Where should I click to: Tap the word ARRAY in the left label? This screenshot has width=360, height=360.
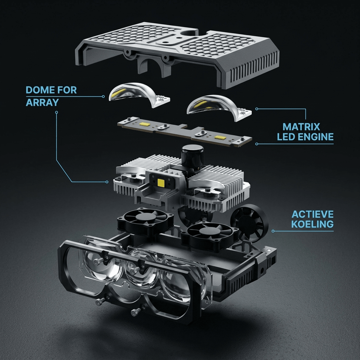tap(42, 102)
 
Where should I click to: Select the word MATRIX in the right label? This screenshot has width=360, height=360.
tap(301, 127)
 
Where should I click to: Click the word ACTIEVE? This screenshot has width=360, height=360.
tap(313, 214)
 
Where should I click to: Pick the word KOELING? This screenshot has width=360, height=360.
tap(313, 224)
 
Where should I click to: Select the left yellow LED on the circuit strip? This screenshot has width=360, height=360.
tap(144, 124)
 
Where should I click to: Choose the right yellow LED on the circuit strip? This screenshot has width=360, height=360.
tap(220, 137)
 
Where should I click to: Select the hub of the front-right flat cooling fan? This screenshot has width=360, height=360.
tap(208, 231)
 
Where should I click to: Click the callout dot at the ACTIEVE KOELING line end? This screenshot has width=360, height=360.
tap(273, 231)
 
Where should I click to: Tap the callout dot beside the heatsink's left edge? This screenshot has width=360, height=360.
tap(107, 182)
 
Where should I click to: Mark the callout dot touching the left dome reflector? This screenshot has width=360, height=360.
tap(103, 96)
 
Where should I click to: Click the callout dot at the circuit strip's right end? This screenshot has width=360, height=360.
tap(257, 144)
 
